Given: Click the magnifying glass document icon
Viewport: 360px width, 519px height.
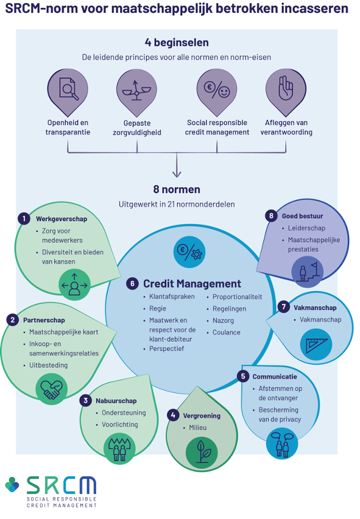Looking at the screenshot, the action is (68, 89).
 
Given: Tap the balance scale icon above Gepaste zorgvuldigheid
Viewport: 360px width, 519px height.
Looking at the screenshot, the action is (136, 90).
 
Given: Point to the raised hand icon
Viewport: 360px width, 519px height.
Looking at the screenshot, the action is (286, 88).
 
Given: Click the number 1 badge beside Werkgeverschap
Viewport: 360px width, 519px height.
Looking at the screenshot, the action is (24, 219).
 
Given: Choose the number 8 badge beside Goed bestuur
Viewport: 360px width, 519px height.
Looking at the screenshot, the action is (271, 216).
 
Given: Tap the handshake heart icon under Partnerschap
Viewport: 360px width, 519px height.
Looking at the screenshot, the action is (51, 389).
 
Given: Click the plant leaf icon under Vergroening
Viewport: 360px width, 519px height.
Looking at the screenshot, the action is (202, 453).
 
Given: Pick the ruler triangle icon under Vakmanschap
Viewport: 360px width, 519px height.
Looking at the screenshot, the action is (316, 345).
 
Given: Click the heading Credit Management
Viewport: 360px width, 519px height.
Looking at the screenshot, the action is (192, 284).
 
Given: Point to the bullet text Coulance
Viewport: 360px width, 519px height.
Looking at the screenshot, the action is (227, 333).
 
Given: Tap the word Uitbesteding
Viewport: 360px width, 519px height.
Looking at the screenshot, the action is (48, 365).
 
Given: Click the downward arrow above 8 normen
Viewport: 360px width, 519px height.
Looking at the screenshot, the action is (177, 165).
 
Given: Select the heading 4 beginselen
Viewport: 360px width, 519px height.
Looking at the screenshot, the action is (177, 43).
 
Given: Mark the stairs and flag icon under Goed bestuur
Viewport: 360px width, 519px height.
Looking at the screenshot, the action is (308, 272).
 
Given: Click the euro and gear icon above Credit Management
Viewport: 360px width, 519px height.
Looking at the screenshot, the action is (189, 252).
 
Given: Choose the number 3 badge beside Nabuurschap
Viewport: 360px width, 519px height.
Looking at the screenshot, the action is (85, 400).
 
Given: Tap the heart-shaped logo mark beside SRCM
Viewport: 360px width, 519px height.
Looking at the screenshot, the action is (12, 484).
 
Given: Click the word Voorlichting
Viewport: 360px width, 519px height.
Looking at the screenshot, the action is (120, 425).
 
